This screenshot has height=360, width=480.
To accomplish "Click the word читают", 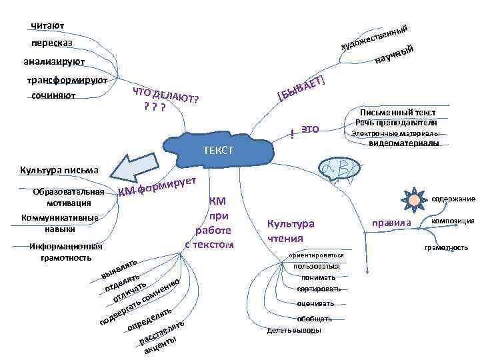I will click(47, 26).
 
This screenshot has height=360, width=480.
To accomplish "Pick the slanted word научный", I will click(397, 55).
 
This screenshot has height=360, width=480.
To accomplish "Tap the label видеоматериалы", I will click(403, 143).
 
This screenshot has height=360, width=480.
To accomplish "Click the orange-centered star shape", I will click(414, 198).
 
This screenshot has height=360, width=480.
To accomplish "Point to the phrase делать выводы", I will click(293, 330).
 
